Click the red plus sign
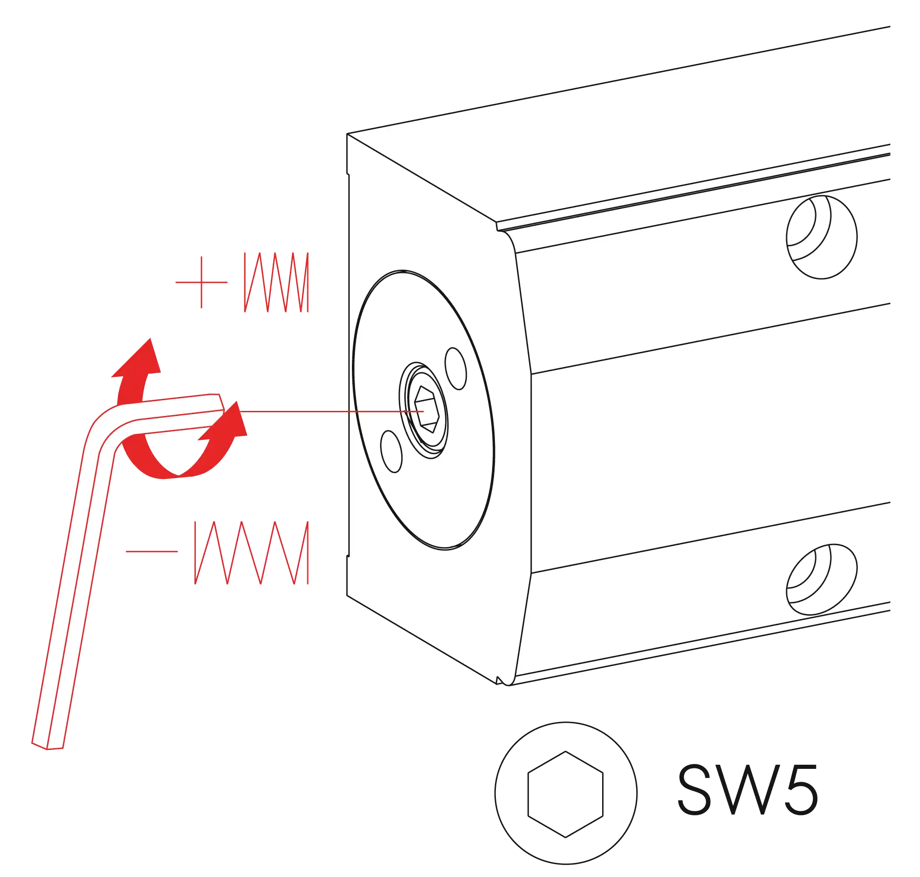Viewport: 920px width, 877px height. (x=201, y=283)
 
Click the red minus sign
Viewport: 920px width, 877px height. (x=152, y=551)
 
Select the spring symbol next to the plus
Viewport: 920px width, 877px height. (x=276, y=283)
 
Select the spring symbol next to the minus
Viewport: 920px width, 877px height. (x=252, y=553)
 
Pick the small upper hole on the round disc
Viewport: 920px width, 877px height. (x=455, y=369)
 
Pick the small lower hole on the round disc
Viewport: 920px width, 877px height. (x=391, y=451)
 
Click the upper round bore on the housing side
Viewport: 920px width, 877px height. (x=822, y=237)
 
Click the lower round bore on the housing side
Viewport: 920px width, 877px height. (x=822, y=580)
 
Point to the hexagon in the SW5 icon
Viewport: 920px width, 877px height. (x=565, y=794)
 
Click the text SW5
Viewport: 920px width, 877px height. (x=747, y=790)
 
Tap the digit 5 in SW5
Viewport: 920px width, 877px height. (x=800, y=790)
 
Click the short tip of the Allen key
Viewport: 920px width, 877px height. (x=220, y=403)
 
